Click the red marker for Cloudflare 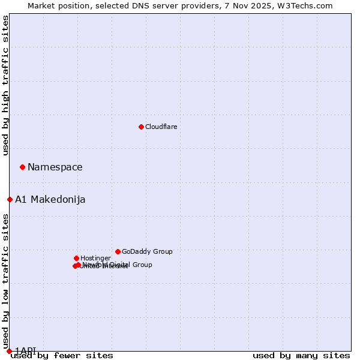[141, 127]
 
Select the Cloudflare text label [161, 127]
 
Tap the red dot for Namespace [22, 167]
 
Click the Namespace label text [55, 167]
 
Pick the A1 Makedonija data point [10, 199]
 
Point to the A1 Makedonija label [50, 200]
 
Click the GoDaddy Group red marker [118, 251]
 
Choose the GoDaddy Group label [147, 252]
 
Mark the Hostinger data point [76, 258]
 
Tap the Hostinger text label [95, 259]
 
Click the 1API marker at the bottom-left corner [9, 351]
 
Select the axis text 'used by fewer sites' [62, 356]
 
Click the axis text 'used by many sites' [301, 356]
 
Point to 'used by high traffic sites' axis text [5, 86]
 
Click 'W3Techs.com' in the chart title [308, 5]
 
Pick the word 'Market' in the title [43, 5]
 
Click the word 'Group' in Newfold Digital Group [141, 265]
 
